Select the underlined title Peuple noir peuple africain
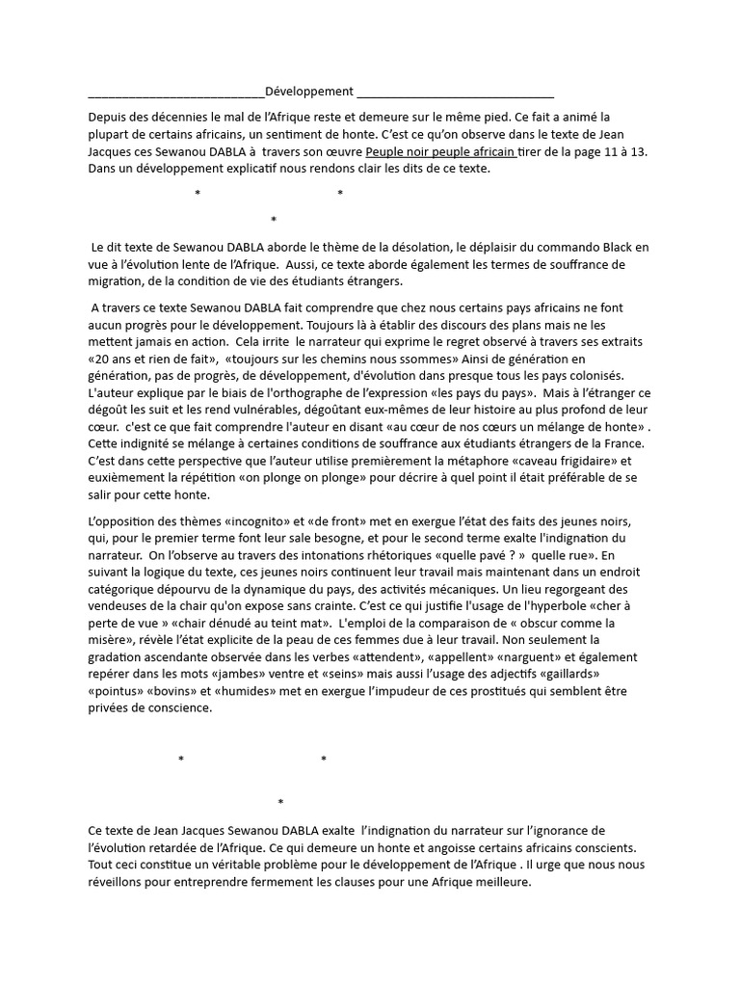coord(440,151)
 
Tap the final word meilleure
coord(501,882)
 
